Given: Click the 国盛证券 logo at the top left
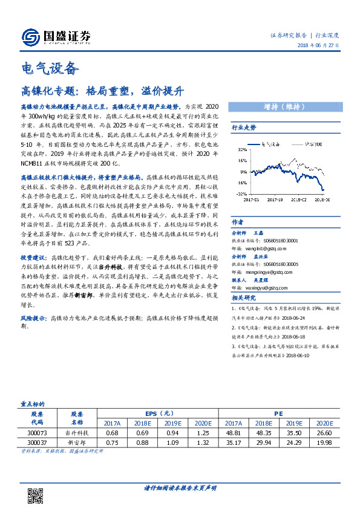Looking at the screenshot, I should pyautogui.click(x=56, y=37).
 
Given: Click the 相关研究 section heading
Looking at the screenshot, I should pyautogui.click(x=244, y=298).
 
